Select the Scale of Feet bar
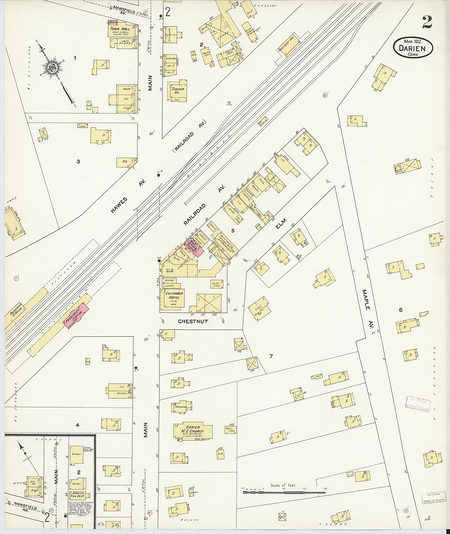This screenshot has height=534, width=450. pyautogui.click(x=284, y=492)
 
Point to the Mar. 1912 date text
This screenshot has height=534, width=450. pyautogui.click(x=412, y=41)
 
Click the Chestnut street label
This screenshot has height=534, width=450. pyautogui.click(x=193, y=321)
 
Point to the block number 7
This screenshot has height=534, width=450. pyautogui.click(x=271, y=356)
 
